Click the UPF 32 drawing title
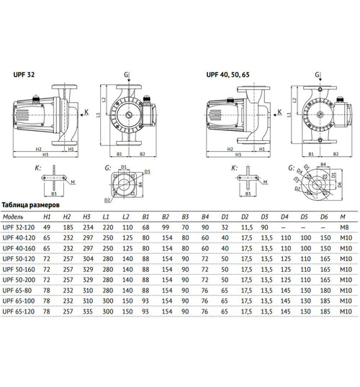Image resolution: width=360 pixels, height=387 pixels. [22, 74]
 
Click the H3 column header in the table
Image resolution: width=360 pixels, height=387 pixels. [86, 215]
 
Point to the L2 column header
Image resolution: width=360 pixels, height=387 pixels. [126, 215]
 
